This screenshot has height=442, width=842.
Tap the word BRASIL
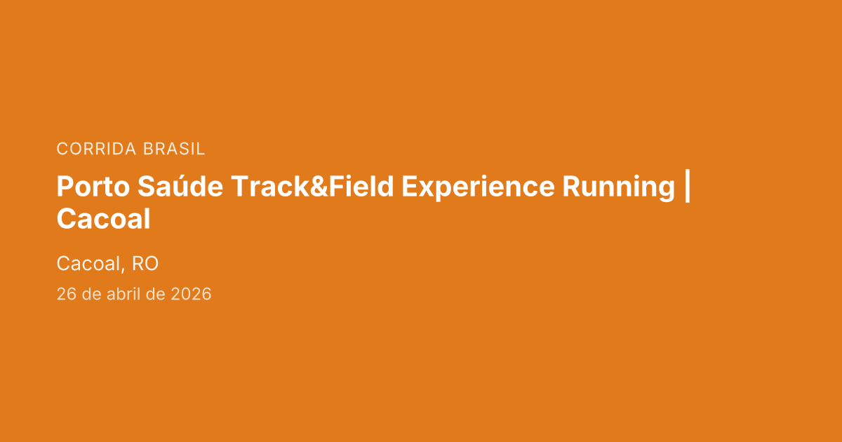click(x=174, y=149)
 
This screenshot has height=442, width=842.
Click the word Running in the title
click(x=618, y=187)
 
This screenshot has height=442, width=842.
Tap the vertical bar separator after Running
click(x=686, y=187)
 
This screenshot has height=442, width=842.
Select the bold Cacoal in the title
click(x=103, y=220)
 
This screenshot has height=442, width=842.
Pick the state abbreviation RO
click(x=145, y=264)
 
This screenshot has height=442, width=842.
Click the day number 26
click(x=66, y=294)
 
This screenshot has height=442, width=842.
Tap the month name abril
click(x=123, y=294)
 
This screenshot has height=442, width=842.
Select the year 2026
click(x=191, y=294)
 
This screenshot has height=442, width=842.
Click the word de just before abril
click(x=91, y=294)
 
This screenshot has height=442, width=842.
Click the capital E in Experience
click(x=408, y=187)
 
